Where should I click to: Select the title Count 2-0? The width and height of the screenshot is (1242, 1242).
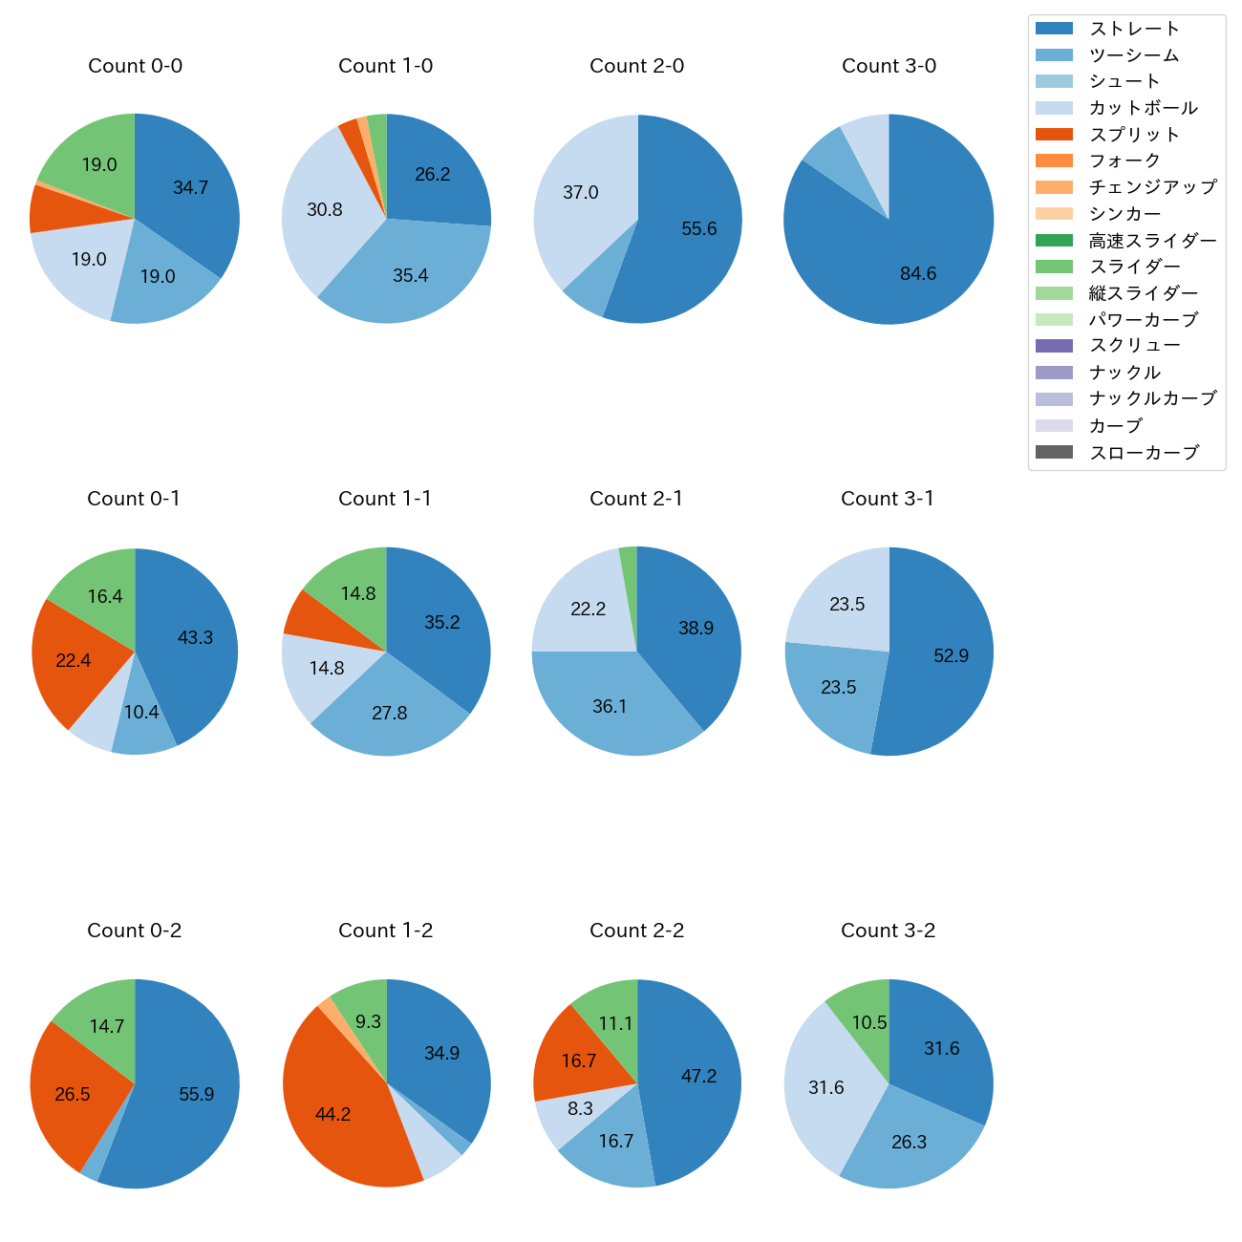pyautogui.click(x=637, y=66)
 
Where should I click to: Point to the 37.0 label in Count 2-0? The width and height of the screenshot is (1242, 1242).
pyautogui.click(x=581, y=193)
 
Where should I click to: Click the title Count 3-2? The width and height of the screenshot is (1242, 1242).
pyautogui.click(x=889, y=931)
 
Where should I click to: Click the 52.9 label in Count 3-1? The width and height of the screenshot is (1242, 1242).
pyautogui.click(x=952, y=655)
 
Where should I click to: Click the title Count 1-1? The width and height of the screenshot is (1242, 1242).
pyautogui.click(x=385, y=499)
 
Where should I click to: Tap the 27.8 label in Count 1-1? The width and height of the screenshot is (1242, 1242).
pyautogui.click(x=390, y=713)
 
